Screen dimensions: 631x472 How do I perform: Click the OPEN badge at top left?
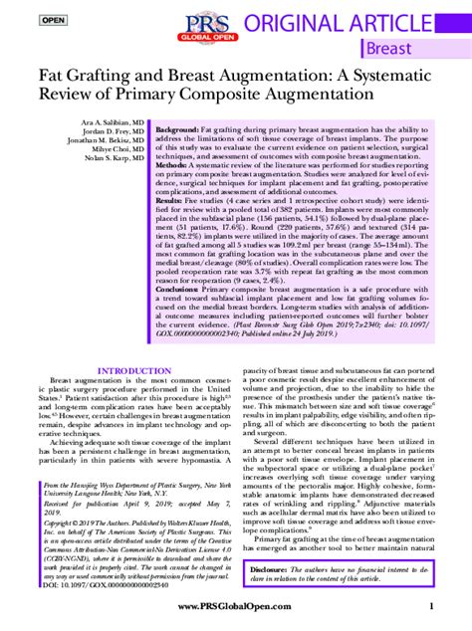click(x=27, y=20)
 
